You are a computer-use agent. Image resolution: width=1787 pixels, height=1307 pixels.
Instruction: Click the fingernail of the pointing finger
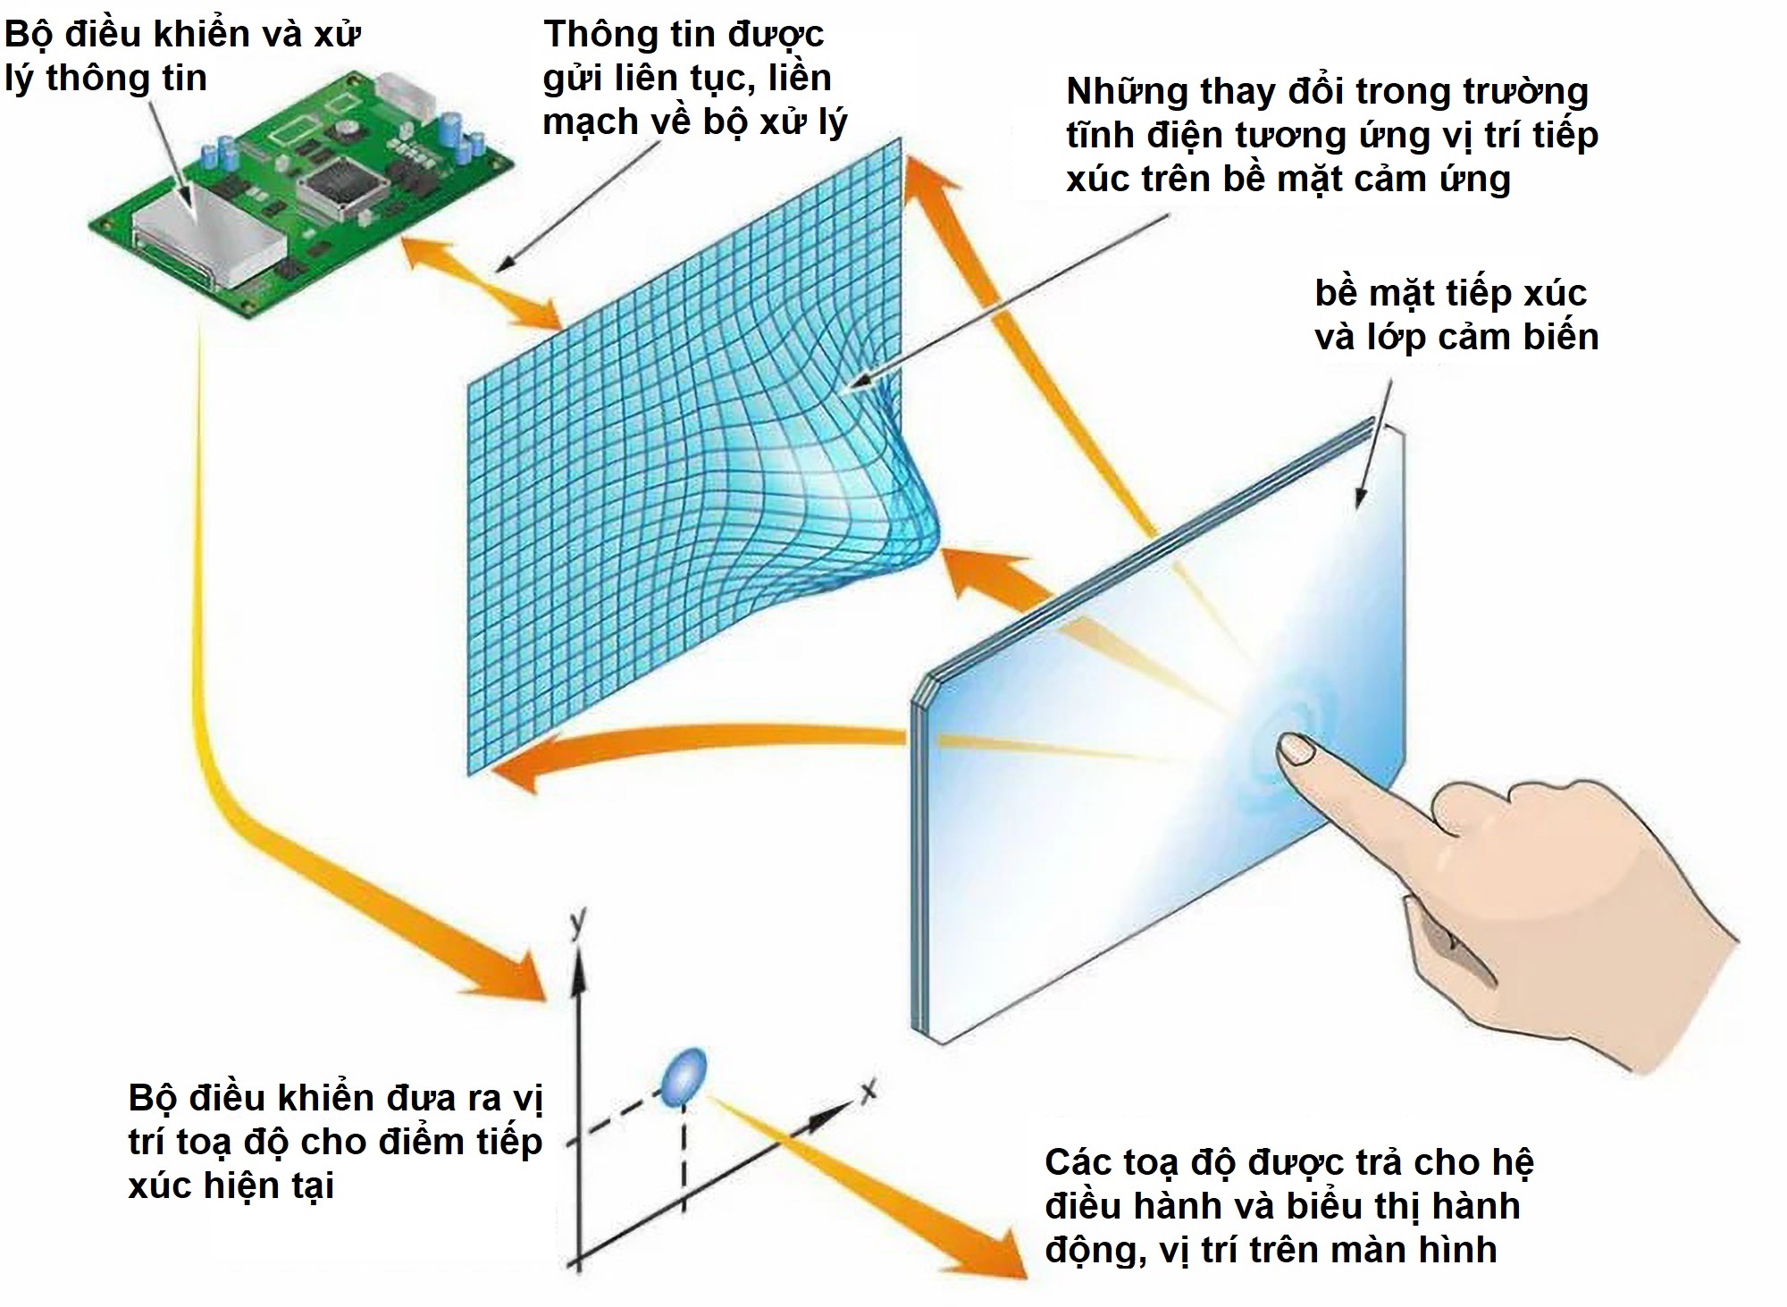(x=1297, y=749)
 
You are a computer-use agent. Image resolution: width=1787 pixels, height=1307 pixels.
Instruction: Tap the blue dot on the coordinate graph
(x=684, y=1077)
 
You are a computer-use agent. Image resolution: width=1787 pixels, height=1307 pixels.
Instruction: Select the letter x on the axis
(x=867, y=1091)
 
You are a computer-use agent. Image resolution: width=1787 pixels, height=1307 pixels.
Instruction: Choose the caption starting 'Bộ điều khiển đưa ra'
(x=335, y=1142)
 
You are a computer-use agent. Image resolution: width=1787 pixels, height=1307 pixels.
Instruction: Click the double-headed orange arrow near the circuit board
(x=483, y=282)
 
